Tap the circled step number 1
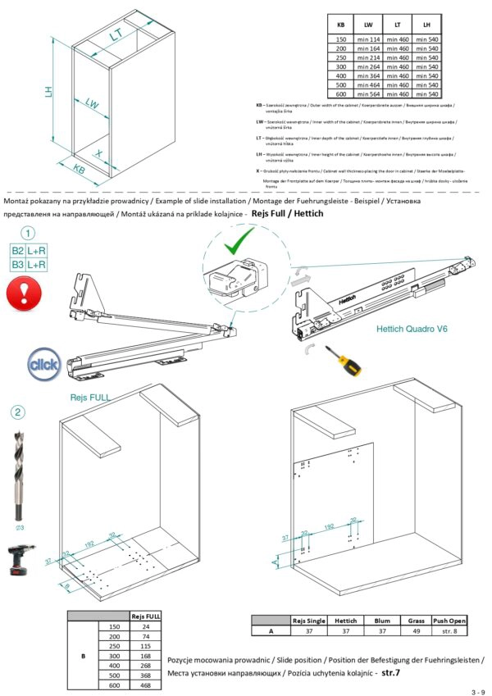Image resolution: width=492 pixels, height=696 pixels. coord(28,234)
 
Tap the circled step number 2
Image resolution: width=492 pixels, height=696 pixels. coord(19,412)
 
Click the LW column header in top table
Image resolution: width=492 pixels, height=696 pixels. coord(367,26)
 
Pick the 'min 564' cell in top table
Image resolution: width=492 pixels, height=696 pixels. coord(367,94)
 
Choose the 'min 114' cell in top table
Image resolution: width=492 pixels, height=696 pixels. coord(367,39)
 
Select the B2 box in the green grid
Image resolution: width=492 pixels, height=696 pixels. coord(17,251)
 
